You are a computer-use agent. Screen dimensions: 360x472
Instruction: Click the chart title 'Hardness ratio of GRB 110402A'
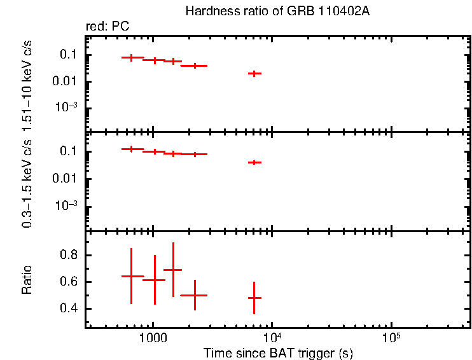coord(277,11)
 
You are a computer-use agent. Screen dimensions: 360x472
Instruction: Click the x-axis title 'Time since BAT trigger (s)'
coord(278,352)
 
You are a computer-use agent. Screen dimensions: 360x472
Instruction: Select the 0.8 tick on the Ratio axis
coord(69,256)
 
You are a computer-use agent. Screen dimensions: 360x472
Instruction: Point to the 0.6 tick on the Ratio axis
coord(69,282)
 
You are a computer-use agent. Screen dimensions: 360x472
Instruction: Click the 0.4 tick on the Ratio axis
coord(69,309)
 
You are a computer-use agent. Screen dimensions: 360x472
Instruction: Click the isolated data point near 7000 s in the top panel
coord(254,74)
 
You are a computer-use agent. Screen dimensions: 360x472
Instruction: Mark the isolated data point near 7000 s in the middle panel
coord(254,162)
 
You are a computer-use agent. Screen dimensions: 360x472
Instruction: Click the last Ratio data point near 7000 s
coord(254,298)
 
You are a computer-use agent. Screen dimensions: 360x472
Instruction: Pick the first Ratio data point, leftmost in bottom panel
coord(131,276)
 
